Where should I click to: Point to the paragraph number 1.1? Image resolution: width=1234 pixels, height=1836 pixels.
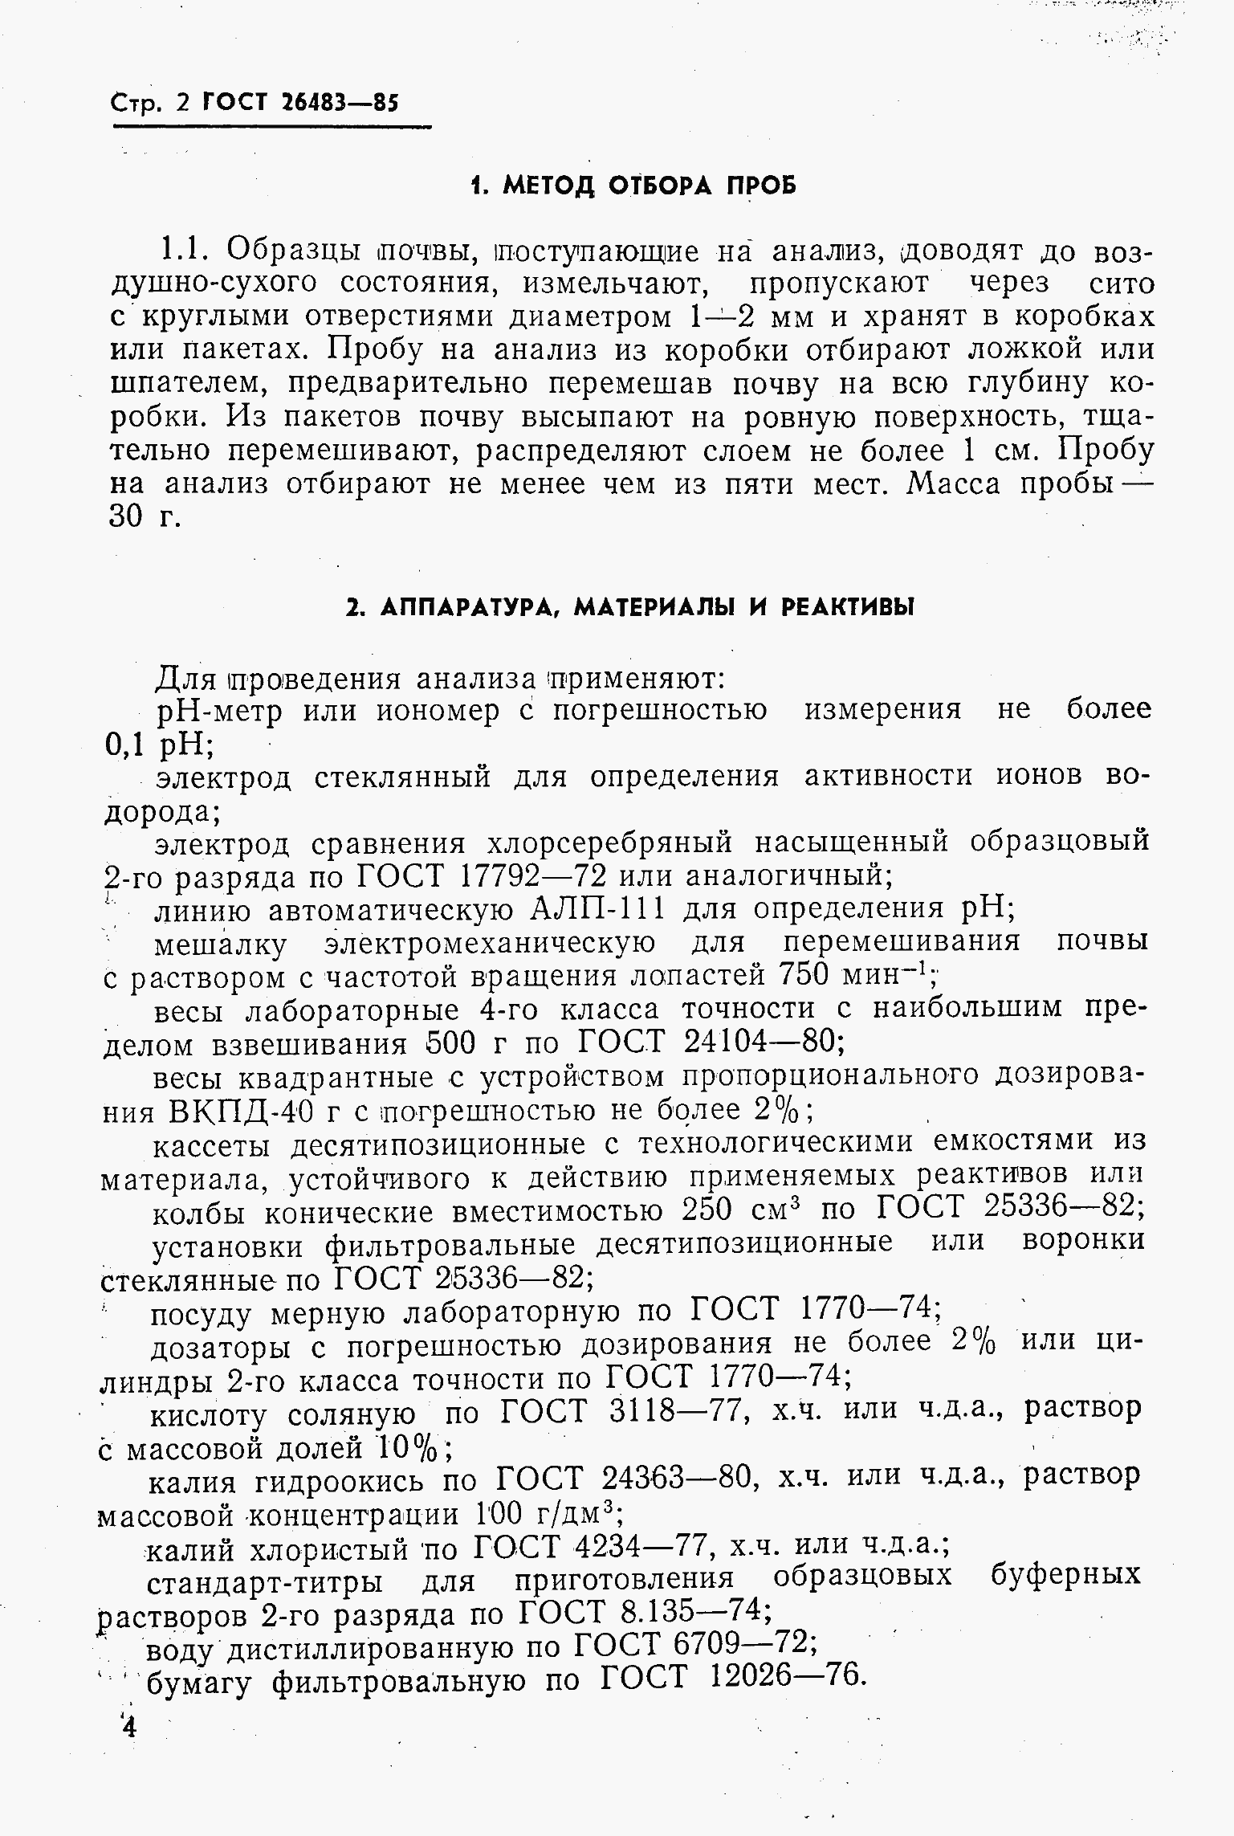(x=186, y=250)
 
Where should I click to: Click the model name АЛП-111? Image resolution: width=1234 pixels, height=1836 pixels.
(x=598, y=908)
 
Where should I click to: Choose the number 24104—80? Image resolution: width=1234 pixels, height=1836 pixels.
(x=762, y=1043)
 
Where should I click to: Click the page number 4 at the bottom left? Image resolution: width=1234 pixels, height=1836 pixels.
(x=128, y=1727)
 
